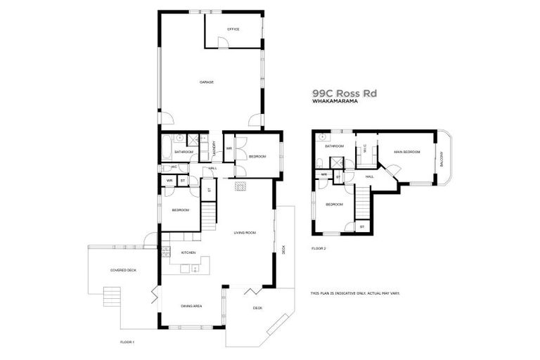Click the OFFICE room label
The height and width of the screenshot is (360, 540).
pyautogui.click(x=233, y=30)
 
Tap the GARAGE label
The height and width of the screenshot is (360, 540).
pyautogui.click(x=207, y=82)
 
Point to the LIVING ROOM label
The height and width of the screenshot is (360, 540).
pyautogui.click(x=245, y=232)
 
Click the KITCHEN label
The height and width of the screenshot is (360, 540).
pyautogui.click(x=188, y=252)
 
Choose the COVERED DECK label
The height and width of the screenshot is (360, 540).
pyautogui.click(x=123, y=270)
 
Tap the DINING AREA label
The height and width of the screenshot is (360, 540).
pyautogui.click(x=192, y=306)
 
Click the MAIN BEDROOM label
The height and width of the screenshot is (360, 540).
pyautogui.click(x=407, y=151)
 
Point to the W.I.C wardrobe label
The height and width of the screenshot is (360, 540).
pyautogui.click(x=365, y=148)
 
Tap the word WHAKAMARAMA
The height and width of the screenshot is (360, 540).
pyautogui.click(x=335, y=102)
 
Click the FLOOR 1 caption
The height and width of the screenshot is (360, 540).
pyautogui.click(x=127, y=341)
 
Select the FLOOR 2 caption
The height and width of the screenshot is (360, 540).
pyautogui.click(x=319, y=248)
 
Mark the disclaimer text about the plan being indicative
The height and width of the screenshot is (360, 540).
pyautogui.click(x=354, y=293)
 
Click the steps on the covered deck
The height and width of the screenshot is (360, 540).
pyautogui.click(x=112, y=295)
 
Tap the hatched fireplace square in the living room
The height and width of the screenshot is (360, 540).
pyautogui.click(x=239, y=186)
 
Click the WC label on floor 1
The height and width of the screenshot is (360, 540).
pyautogui.click(x=173, y=167)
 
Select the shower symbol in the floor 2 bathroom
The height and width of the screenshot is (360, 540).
pyautogui.click(x=339, y=161)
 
